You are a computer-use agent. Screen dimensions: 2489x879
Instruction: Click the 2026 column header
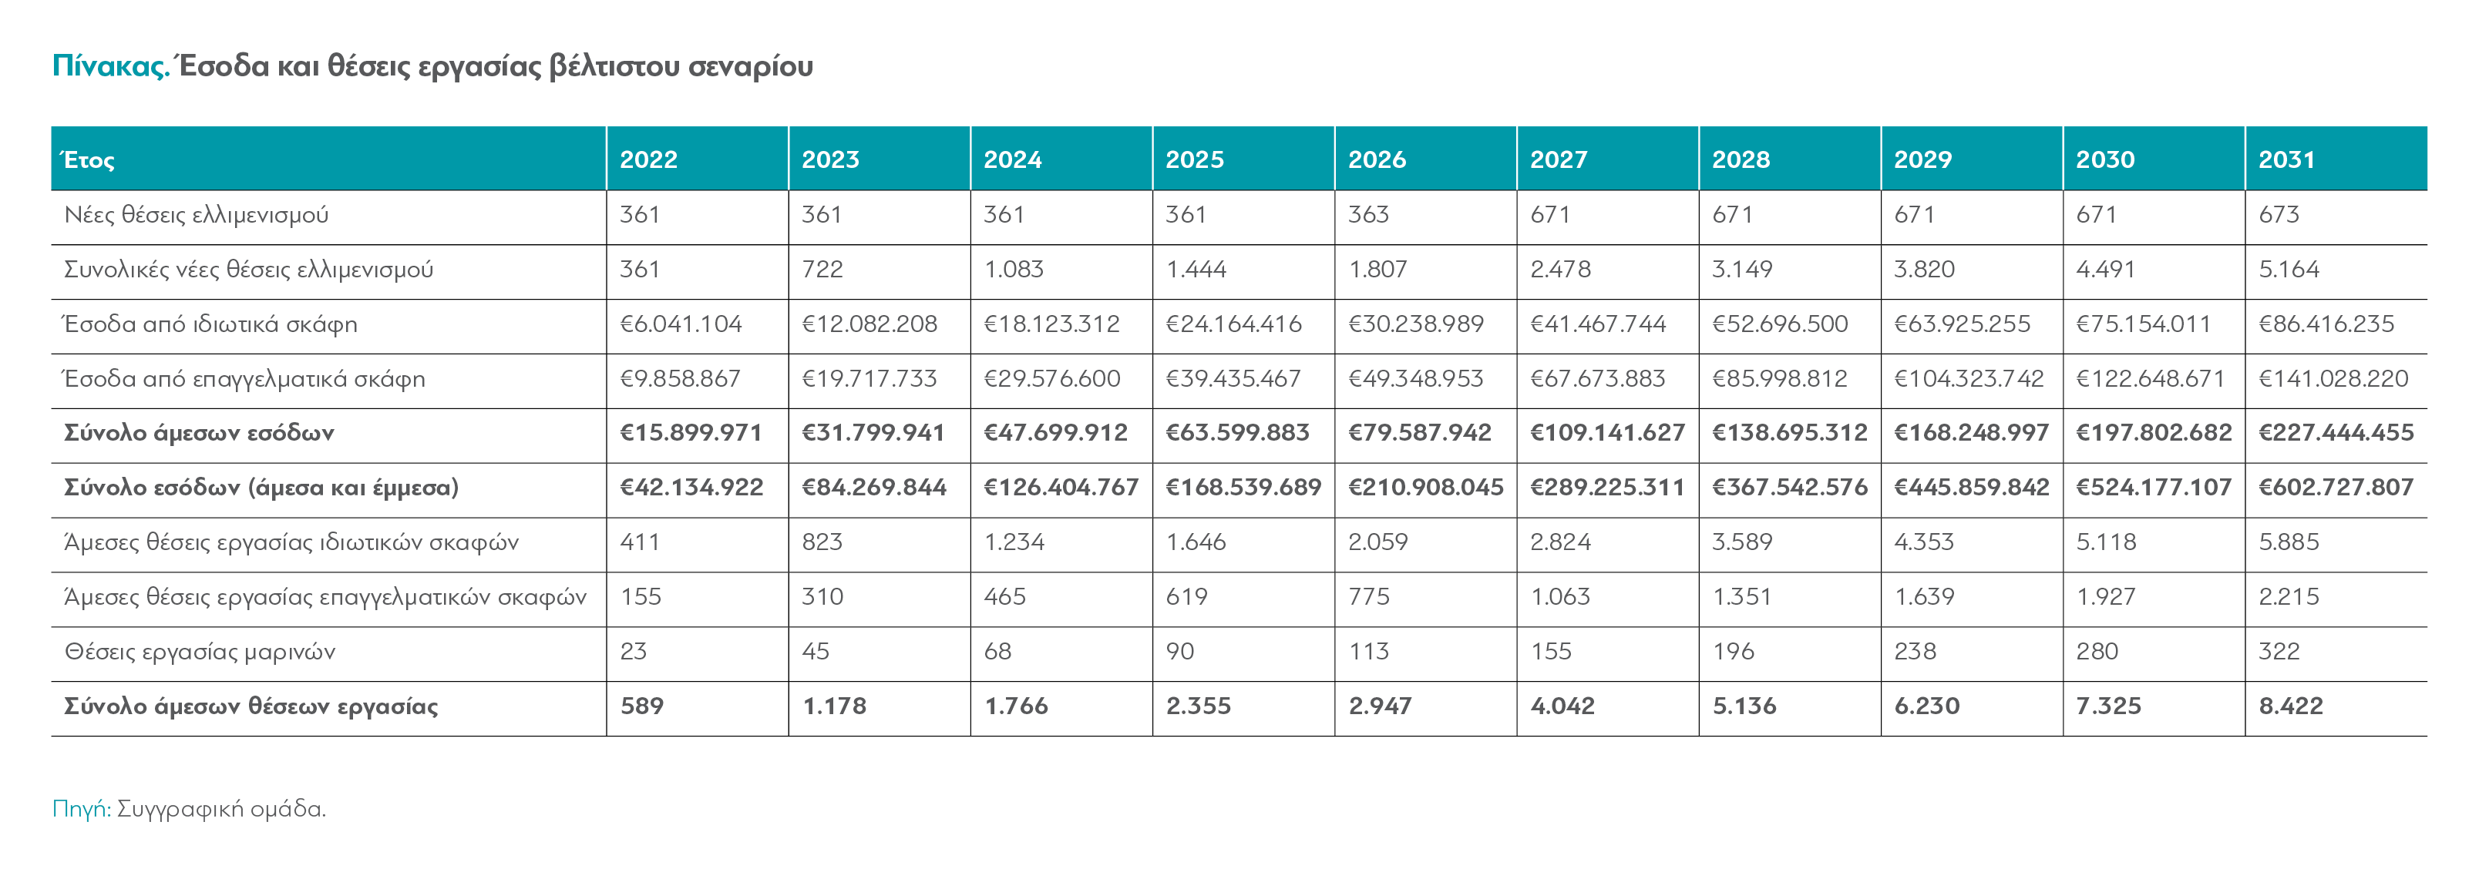1377,159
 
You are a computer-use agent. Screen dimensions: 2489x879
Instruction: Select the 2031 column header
2286,159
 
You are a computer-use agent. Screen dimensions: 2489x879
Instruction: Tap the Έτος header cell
88,159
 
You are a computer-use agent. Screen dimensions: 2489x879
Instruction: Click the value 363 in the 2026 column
1368,214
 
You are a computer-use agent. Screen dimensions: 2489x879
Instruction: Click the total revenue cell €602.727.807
2336,488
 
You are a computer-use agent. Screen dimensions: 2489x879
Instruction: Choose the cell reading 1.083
1014,270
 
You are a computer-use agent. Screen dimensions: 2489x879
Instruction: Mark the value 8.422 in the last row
2290,706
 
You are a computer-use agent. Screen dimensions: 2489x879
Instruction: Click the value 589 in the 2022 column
641,706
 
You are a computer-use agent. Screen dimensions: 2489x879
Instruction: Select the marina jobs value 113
1368,652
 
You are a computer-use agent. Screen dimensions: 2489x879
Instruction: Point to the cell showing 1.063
1559,597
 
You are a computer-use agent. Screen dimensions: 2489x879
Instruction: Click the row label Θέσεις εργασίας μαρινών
200,652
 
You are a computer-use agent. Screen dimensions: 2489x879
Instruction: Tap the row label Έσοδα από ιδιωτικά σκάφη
210,324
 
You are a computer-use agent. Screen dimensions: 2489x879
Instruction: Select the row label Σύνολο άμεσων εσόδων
199,433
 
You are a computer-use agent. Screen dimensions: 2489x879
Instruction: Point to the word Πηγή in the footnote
81,808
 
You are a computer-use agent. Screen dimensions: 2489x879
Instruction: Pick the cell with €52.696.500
1780,324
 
